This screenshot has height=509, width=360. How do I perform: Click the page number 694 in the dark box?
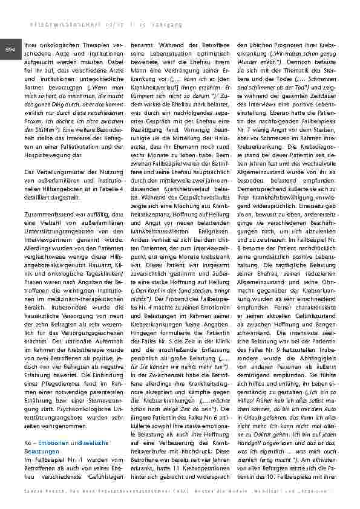10,49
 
